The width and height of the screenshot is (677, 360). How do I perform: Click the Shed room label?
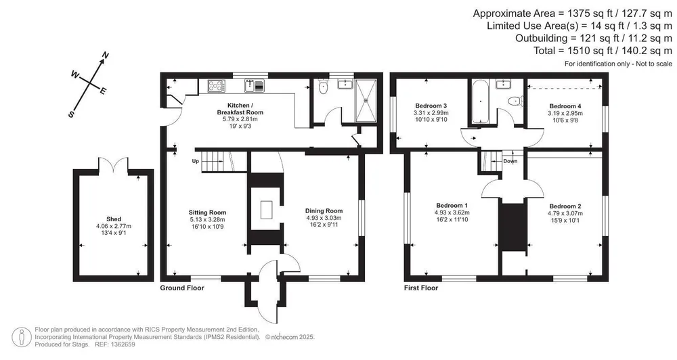click(x=114, y=219)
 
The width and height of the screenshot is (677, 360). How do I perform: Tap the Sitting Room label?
click(x=207, y=212)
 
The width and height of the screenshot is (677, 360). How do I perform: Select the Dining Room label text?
click(x=324, y=210)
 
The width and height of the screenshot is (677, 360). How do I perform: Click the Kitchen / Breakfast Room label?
click(x=240, y=109)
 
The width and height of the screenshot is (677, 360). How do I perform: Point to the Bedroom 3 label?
click(x=431, y=106)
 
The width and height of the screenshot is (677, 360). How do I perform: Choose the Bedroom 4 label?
click(x=565, y=106)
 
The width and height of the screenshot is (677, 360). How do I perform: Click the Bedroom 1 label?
click(x=452, y=206)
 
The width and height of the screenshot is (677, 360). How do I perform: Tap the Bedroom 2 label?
click(x=565, y=206)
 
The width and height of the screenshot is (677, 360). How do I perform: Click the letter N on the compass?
click(x=105, y=55)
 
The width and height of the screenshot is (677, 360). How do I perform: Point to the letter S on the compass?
click(x=71, y=114)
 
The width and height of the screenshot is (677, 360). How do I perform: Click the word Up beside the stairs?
click(x=196, y=162)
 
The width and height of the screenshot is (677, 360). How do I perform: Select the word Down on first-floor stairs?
click(x=510, y=161)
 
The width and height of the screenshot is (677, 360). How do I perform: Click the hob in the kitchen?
click(x=217, y=86)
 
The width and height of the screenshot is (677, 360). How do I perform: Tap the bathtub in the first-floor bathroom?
click(x=481, y=102)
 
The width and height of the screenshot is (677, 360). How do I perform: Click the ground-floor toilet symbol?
click(x=322, y=87)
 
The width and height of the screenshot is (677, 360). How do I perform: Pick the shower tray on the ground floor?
click(x=366, y=100)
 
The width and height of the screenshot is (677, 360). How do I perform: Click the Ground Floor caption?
click(x=182, y=288)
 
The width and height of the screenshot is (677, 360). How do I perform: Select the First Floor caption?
click(x=421, y=288)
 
